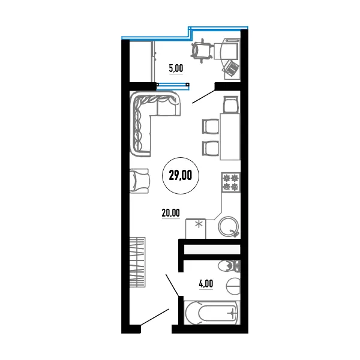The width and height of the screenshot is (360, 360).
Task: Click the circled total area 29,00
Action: click(x=181, y=176)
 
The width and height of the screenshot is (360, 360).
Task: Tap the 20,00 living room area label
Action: click(x=171, y=213)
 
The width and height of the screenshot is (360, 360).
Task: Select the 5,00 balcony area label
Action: click(x=176, y=68)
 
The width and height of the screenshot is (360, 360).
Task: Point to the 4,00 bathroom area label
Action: click(x=206, y=284)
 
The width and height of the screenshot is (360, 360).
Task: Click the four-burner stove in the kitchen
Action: click(x=231, y=182)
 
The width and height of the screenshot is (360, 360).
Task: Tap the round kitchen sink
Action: click(x=229, y=227)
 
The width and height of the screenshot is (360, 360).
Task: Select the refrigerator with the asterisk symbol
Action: click(x=196, y=229)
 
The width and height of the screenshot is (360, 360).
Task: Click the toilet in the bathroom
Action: click(x=229, y=266)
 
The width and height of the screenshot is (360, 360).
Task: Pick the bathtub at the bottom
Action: click(x=212, y=313)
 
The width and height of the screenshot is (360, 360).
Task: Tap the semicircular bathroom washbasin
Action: click(x=233, y=286)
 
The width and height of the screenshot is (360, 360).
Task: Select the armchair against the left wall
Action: click(x=139, y=181)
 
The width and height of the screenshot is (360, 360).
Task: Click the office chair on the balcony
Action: click(x=202, y=51)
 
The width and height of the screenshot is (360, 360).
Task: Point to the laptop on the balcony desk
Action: click(x=231, y=67)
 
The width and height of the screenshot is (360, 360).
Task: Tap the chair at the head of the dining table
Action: click(x=231, y=104)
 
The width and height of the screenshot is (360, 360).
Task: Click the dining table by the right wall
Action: click(x=230, y=136)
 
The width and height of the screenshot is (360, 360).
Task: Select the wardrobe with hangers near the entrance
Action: click(x=137, y=262)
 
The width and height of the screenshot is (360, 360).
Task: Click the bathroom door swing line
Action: click(x=172, y=284)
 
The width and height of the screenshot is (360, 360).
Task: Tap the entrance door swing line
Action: click(x=155, y=317)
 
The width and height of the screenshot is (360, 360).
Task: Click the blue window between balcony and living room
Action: click(x=173, y=85)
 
